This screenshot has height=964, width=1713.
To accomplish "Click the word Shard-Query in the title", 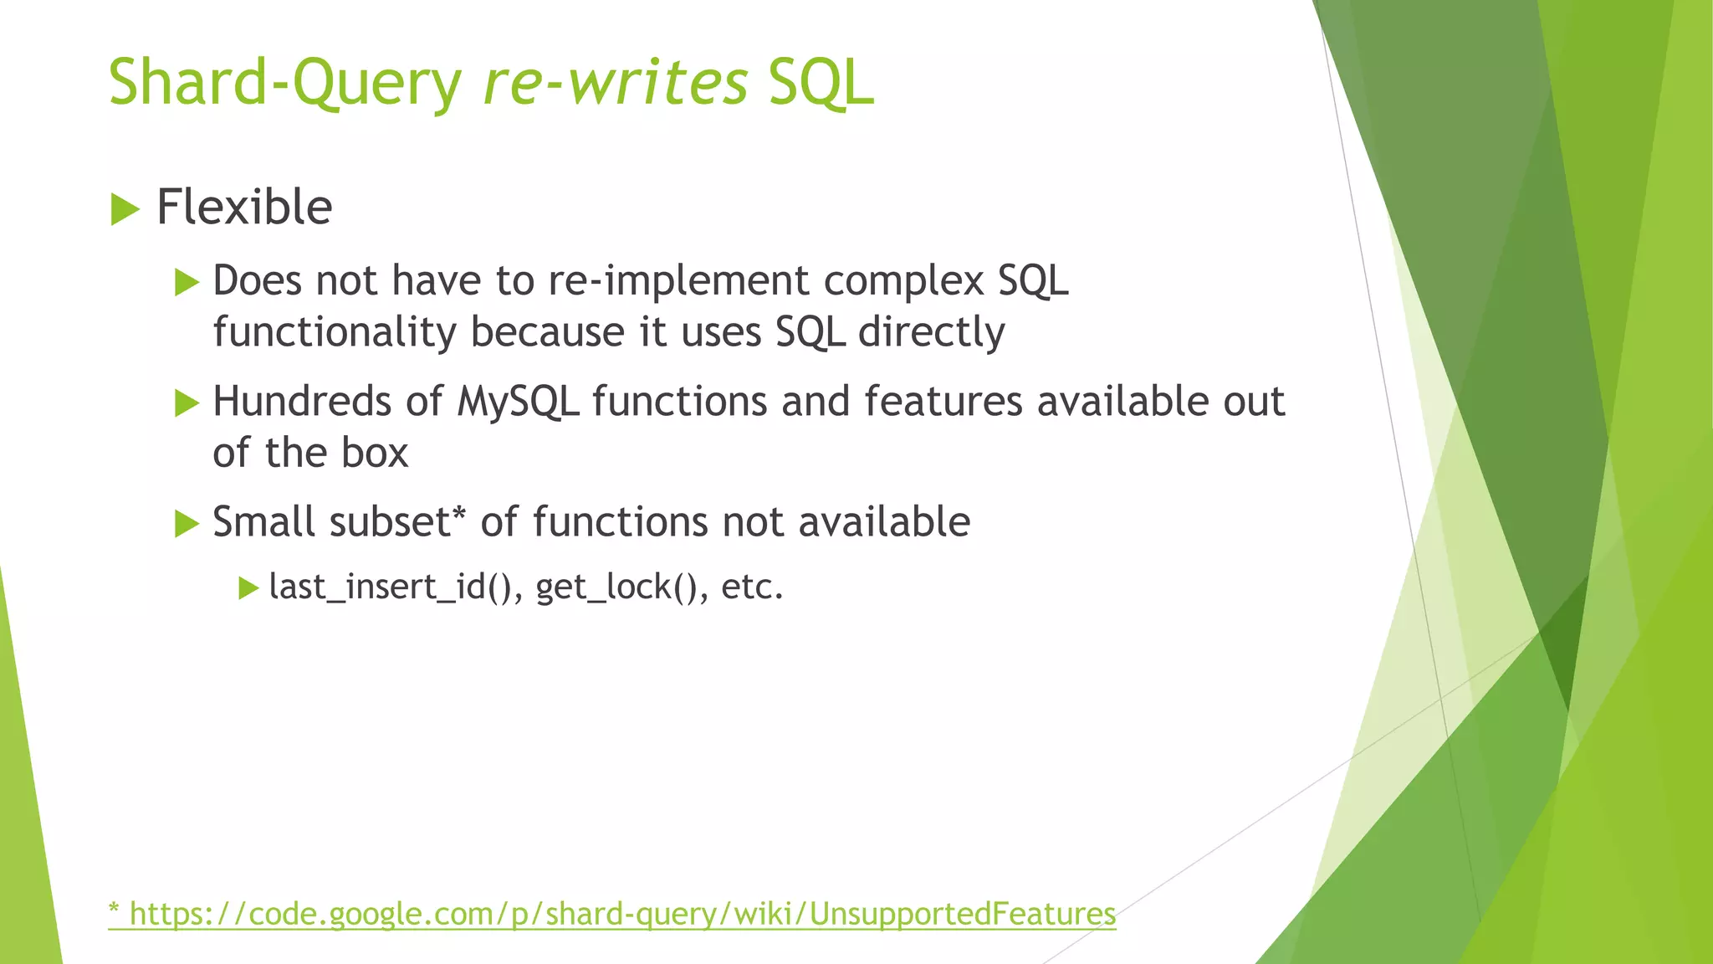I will pos(284,84).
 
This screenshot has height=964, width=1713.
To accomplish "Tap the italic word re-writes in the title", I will pos(616,84).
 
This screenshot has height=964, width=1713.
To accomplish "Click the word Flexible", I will pos(244,208).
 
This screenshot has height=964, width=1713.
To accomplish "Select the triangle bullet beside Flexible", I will pos(125,208).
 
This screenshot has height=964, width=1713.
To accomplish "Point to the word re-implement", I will pos(678,281).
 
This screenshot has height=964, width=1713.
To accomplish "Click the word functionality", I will pos(335,333).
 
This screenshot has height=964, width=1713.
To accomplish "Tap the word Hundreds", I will pos(302,402).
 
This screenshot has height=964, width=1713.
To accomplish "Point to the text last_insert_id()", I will pos(390,587).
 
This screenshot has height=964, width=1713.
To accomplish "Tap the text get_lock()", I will pos(616,587).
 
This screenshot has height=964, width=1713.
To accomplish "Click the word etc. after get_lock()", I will pos(752,587).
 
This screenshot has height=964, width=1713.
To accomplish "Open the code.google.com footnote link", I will pos(612,914).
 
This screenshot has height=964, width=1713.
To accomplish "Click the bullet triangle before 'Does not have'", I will pos(187,283).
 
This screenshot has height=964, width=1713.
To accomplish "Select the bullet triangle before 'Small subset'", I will pos(187,525).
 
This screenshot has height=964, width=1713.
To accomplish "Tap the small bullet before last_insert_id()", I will pos(248,588).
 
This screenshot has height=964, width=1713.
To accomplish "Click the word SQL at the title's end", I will pos(821,84).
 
